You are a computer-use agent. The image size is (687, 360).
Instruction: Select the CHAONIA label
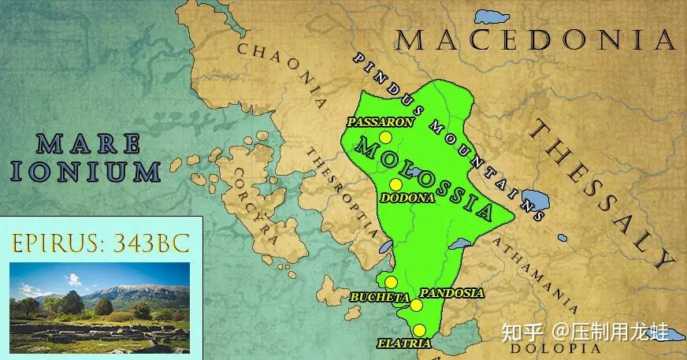284,76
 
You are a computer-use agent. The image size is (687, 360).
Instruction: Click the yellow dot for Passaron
384,139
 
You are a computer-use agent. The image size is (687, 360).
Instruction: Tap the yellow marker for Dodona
396,184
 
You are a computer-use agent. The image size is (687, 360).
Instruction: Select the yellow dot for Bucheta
390,282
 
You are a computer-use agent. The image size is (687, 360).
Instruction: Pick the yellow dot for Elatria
420,330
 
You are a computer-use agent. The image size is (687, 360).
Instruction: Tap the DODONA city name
407,199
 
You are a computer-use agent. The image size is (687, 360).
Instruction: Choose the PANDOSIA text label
451,293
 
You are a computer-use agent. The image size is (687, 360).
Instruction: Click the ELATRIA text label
403,344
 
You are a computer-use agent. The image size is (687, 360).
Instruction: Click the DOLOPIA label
544,347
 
